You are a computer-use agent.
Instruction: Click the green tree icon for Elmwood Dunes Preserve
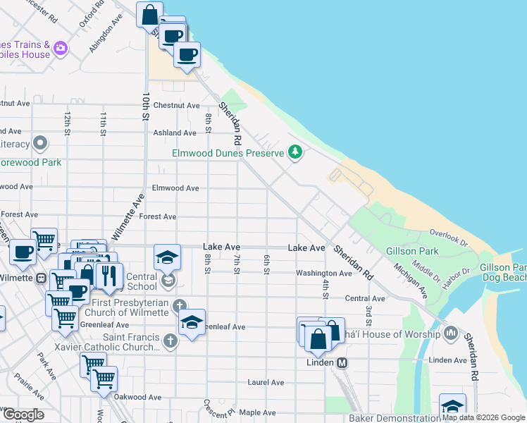[x=295, y=152]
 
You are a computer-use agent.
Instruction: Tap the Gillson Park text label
[x=412, y=251]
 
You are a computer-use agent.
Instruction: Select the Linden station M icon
[x=342, y=363]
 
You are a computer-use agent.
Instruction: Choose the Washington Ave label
[x=323, y=274]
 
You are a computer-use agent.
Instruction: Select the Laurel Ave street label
[x=266, y=382]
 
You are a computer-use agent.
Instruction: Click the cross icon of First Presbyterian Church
[x=180, y=305]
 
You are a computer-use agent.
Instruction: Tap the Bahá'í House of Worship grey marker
[x=451, y=333]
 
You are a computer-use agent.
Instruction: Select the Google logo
[x=23, y=415]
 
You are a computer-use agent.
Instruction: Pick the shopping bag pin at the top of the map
[x=149, y=14]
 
